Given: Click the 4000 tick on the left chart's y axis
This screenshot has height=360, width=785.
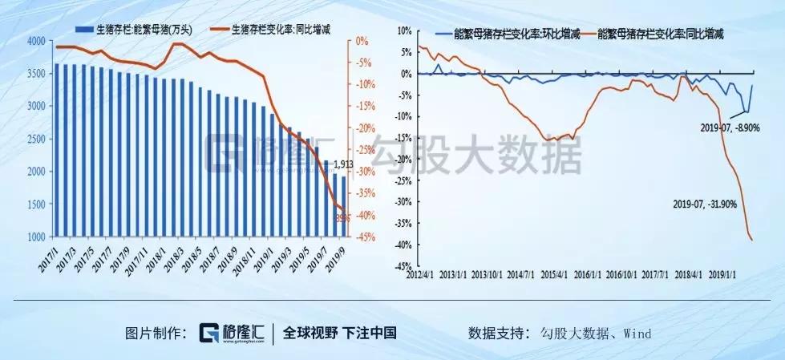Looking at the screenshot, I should pyautogui.click(x=36, y=40).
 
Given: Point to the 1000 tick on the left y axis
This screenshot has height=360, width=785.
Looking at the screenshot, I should pyautogui.click(x=36, y=237).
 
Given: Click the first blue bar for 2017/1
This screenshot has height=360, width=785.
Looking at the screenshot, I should pyautogui.click(x=56, y=151).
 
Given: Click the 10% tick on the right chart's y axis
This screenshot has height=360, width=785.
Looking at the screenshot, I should pyautogui.click(x=403, y=30).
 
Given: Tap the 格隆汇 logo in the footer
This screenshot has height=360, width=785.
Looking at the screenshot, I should pyautogui.click(x=232, y=332).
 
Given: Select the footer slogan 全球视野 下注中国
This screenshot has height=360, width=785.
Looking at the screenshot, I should pyautogui.click(x=339, y=333).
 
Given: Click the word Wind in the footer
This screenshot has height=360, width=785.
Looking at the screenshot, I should pyautogui.click(x=639, y=333).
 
